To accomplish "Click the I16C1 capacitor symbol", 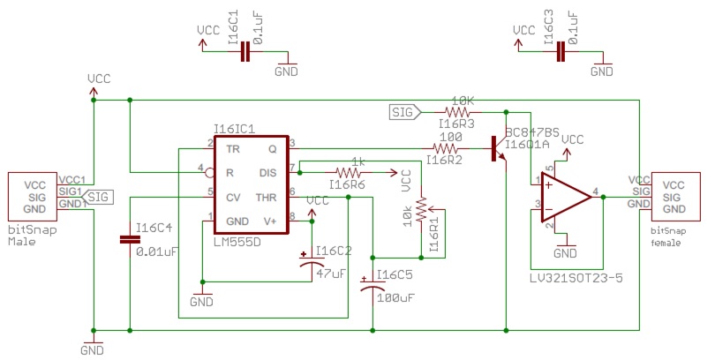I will tap(246, 52).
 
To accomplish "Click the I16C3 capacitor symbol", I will tap(560, 52).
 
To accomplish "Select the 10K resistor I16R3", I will tap(458, 113).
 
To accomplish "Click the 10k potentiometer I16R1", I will tap(422, 210).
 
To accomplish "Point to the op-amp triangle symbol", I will tap(564, 197).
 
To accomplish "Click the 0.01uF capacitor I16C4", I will tap(130, 238).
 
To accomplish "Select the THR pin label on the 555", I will tap(267, 197).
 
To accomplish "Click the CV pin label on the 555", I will tap(234, 197).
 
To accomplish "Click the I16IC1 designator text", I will tap(234, 128).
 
